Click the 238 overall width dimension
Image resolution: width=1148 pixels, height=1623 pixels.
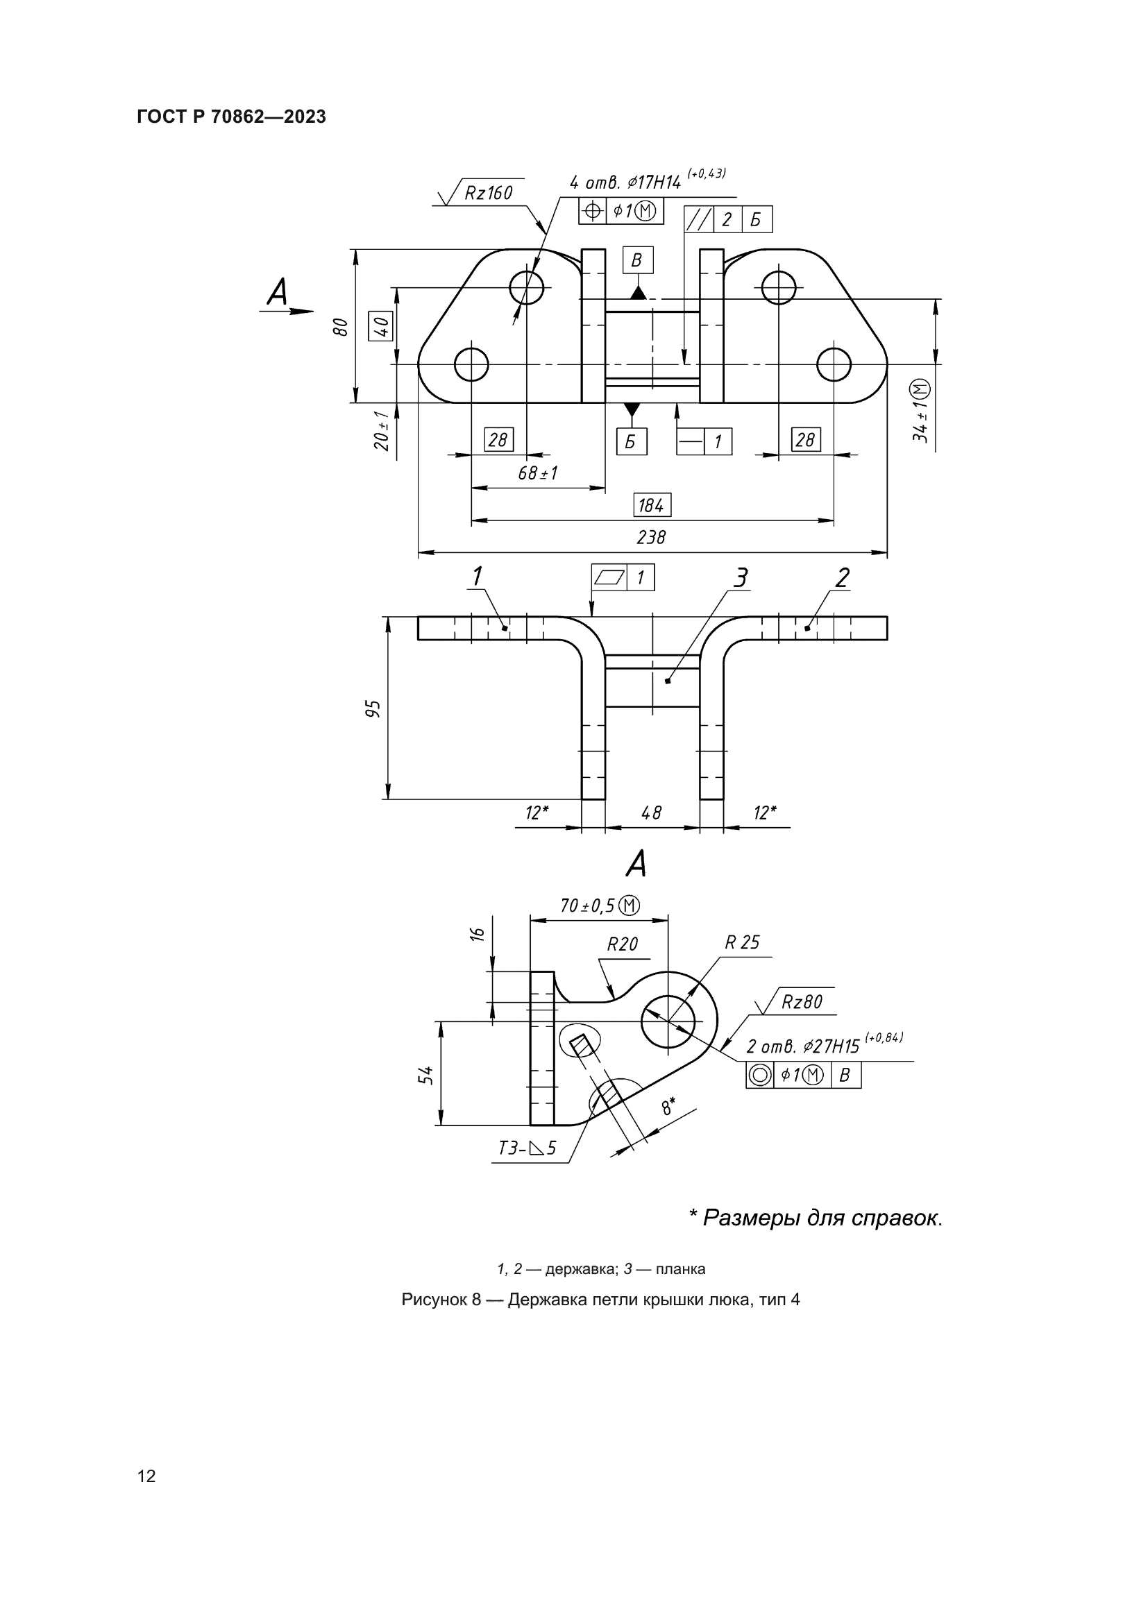pos(651,538)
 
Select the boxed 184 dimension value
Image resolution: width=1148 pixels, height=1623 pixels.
pos(651,505)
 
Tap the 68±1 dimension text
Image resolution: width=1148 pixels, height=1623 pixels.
pos(538,474)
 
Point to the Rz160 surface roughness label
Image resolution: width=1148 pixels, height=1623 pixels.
pos(488,193)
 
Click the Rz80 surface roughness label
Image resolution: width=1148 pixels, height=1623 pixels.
pos(802,1002)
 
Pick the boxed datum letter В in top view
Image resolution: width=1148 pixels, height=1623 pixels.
pos(637,260)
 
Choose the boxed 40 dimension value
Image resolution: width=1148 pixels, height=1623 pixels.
pos(382,327)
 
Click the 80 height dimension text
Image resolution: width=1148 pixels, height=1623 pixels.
pos(341,327)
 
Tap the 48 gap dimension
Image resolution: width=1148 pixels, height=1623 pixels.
pos(651,813)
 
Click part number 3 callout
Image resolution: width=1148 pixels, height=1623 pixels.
pos(740,578)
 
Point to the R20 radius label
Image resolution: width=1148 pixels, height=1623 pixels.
pos(622,944)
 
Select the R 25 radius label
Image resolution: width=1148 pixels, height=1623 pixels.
pos(741,942)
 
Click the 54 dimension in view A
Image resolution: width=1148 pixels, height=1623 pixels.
pos(425,1075)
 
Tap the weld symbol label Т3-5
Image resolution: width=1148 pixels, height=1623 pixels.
pos(527,1148)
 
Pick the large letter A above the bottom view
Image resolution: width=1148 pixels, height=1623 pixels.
pos(636,864)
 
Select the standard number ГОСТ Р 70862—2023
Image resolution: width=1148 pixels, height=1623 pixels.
pos(231,117)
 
